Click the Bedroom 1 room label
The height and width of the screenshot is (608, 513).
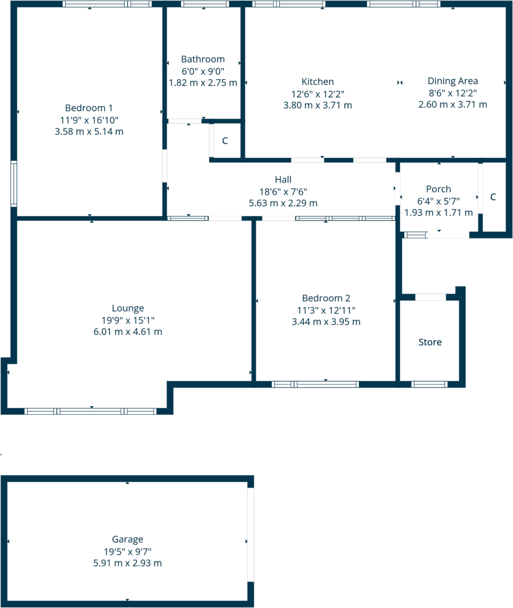(89, 107)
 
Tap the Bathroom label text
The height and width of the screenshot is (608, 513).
(203, 59)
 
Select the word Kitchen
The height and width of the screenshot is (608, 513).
(318, 81)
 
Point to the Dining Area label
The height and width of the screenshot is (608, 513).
(452, 81)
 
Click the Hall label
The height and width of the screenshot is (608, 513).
(283, 179)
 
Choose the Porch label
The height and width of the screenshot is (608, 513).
(438, 189)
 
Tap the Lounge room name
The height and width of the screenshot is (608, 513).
(128, 308)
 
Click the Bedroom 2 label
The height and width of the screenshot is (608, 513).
(326, 298)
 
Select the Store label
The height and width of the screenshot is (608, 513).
(429, 342)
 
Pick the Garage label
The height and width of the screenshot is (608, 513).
(127, 539)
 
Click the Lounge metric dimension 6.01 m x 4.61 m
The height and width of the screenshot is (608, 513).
(128, 332)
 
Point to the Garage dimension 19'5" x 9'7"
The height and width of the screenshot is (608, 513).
(127, 551)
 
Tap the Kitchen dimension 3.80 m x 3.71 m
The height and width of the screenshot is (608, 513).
(318, 105)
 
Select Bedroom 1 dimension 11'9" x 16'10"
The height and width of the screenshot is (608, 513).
(89, 119)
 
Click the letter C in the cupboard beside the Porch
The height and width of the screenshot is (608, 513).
(493, 197)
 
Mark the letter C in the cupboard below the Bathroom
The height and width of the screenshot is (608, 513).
(225, 141)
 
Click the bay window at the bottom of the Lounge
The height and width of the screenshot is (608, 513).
(90, 411)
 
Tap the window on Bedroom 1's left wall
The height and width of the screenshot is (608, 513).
(13, 183)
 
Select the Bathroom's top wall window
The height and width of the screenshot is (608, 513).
(204, 4)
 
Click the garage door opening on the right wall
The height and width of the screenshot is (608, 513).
(251, 535)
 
